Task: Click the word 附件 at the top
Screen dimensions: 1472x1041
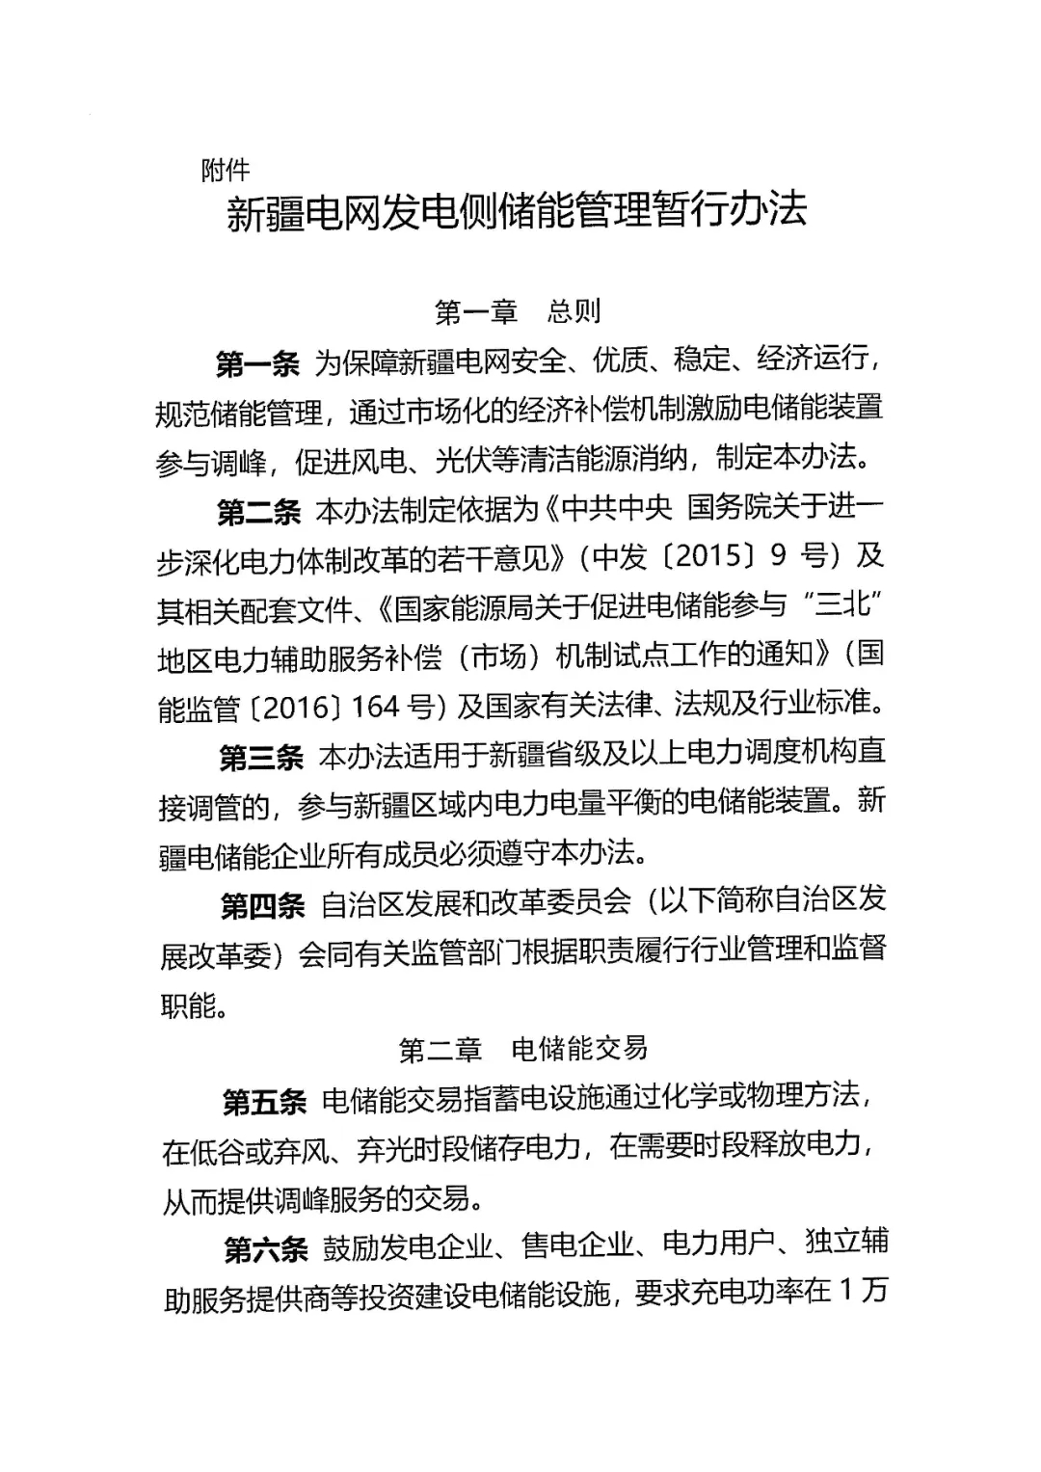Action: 226,171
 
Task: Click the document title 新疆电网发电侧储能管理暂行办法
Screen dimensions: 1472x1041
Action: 517,211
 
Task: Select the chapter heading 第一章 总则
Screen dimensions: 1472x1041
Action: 519,311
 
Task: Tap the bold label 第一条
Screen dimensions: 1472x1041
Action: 258,364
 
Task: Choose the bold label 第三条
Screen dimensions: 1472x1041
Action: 261,758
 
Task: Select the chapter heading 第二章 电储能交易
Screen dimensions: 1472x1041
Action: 523,1049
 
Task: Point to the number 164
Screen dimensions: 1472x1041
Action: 376,708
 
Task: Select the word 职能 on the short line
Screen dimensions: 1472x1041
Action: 188,1005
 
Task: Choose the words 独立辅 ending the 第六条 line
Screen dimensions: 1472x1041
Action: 846,1243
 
